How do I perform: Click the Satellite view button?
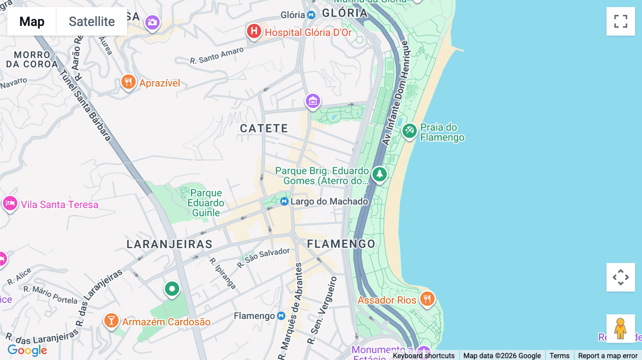coord(92,21)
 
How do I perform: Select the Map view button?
coord(32,21)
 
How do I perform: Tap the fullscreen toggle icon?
coord(621,21)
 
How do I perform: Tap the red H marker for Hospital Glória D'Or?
coord(254,31)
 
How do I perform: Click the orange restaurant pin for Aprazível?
coord(128,82)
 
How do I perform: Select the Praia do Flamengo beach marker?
coord(409,131)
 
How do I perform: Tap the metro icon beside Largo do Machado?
coord(284,202)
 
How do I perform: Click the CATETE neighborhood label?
coord(264,128)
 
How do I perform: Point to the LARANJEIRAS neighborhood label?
coord(169,244)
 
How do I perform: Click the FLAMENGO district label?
coord(341,244)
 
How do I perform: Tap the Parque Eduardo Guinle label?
coord(206,203)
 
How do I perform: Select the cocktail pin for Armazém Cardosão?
coord(111,320)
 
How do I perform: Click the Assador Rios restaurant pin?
coord(427,299)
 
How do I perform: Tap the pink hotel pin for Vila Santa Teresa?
coord(10,204)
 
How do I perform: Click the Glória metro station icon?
coord(311,15)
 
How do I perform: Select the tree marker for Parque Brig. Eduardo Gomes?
coord(379,174)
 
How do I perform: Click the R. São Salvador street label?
coord(264,257)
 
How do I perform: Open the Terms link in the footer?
coord(559,355)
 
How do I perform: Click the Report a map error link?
coord(607,355)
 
